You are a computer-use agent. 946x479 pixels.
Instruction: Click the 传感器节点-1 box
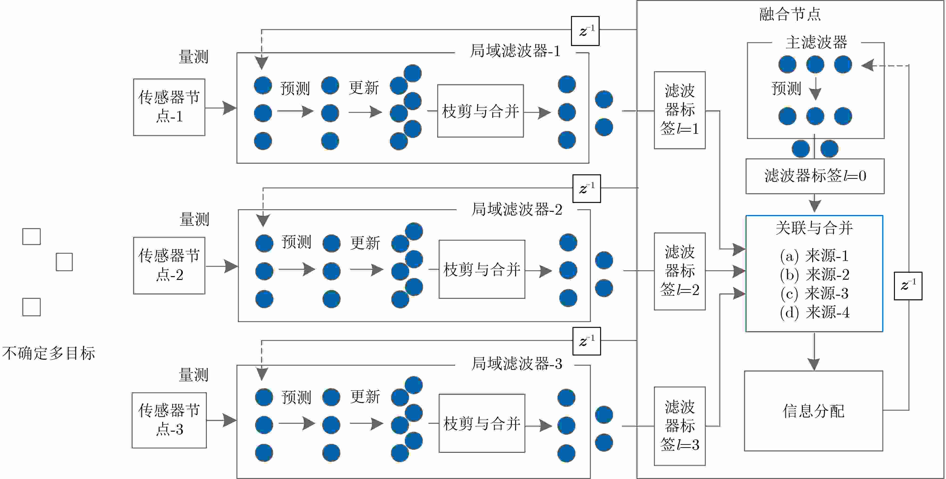[169, 107]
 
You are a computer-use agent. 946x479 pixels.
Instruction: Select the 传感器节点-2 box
[169, 265]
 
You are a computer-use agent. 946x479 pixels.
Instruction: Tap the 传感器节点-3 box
[169, 420]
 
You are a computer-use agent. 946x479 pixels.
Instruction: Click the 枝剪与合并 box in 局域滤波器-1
[480, 111]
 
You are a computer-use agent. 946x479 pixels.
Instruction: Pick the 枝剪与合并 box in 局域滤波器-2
[482, 269]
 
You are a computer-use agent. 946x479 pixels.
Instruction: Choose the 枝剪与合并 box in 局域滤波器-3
[482, 423]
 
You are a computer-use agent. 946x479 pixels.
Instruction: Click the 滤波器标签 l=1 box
[679, 110]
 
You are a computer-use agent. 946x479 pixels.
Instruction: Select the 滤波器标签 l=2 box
[679, 271]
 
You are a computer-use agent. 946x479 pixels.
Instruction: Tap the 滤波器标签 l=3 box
[679, 426]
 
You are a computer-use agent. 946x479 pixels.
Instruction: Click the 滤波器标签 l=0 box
[815, 176]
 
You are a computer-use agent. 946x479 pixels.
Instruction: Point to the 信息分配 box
[813, 411]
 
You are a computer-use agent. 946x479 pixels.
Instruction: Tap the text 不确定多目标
[49, 353]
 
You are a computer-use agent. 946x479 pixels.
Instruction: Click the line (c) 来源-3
[814, 293]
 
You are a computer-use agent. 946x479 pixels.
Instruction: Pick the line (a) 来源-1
[814, 256]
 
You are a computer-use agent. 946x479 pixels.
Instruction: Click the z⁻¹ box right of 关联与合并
[908, 286]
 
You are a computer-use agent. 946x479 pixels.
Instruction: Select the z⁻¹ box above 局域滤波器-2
[587, 188]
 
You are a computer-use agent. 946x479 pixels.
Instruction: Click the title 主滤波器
[816, 42]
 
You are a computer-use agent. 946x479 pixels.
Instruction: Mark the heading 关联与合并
[814, 228]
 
